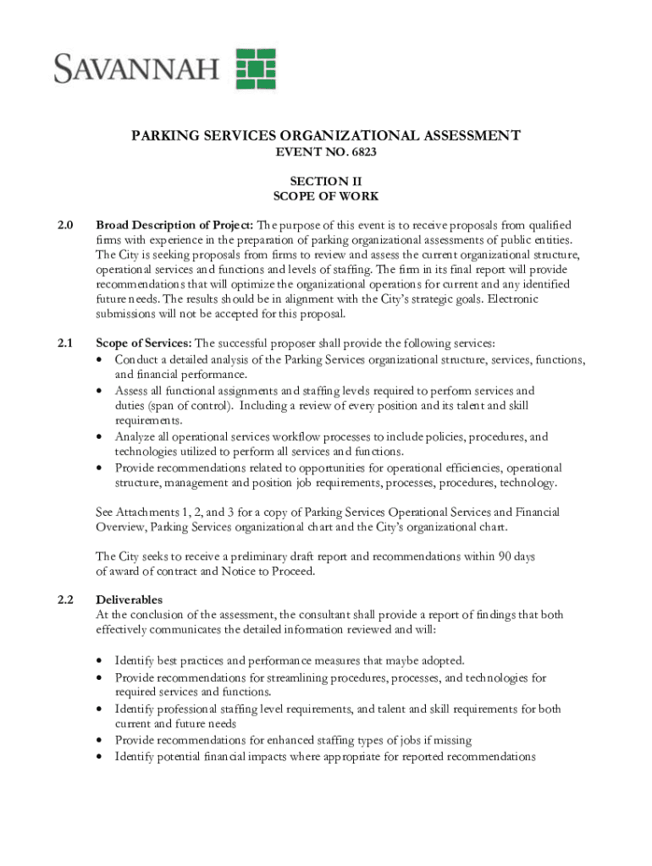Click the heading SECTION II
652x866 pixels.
point(325,181)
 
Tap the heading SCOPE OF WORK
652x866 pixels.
point(325,196)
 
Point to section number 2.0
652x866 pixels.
point(65,225)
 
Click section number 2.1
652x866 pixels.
point(65,343)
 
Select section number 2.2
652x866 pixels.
point(65,600)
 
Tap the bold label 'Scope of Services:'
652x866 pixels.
point(144,343)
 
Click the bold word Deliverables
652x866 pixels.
point(130,600)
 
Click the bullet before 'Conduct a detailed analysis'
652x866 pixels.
point(100,359)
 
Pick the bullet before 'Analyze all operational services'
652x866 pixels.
point(100,437)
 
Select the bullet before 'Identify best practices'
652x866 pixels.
point(100,660)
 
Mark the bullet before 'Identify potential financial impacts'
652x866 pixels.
point(100,757)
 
